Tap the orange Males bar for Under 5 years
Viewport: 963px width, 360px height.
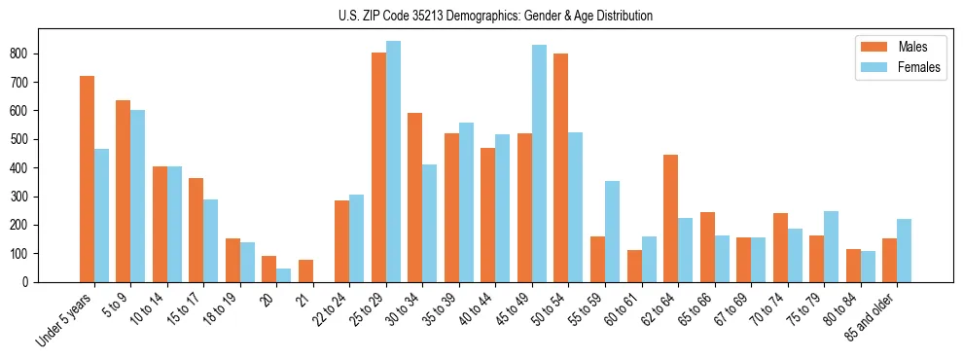tap(87, 179)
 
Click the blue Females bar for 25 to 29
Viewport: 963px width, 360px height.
tap(393, 162)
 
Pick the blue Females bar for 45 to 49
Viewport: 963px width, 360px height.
tap(539, 163)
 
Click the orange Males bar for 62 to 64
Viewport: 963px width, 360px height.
tap(670, 218)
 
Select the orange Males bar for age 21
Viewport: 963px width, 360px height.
tap(305, 270)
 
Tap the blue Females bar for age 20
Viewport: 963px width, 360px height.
tap(284, 275)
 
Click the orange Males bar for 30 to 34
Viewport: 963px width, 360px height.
tap(414, 198)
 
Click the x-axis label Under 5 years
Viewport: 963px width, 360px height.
tap(66, 318)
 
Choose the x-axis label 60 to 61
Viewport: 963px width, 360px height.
tap(624, 309)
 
